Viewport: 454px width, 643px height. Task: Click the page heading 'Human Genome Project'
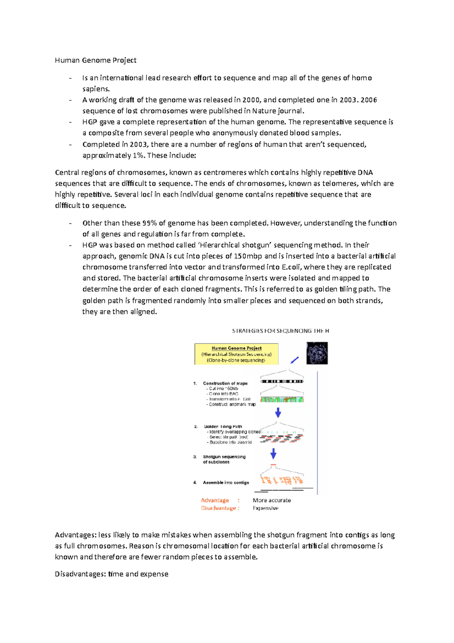click(95, 60)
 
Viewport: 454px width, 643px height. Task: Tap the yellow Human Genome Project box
click(236, 354)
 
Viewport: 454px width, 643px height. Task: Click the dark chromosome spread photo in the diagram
click(317, 353)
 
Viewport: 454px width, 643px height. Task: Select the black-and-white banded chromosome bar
click(282, 381)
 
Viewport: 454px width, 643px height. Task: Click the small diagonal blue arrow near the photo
click(295, 360)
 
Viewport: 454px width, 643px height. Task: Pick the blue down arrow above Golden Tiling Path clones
click(278, 412)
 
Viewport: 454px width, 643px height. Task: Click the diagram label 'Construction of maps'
click(225, 383)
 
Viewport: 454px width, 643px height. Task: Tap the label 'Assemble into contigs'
click(226, 482)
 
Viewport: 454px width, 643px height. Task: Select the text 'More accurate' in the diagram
click(272, 500)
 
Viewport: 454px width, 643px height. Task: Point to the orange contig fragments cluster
click(282, 480)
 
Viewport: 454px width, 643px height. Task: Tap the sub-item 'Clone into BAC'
click(223, 394)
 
